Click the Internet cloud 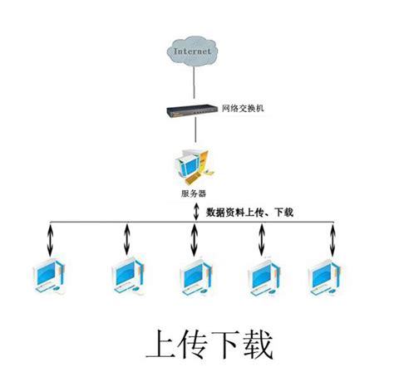pos(193,51)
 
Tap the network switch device pos(192,110)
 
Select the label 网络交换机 pos(243,108)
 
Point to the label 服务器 pos(194,193)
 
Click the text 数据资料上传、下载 pos(249,213)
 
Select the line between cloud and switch pos(194,82)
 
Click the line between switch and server pos(195,130)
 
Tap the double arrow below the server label pos(196,212)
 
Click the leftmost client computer pos(49,276)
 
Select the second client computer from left pos(128,276)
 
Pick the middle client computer pos(196,277)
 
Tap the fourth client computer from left pos(263,277)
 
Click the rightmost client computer pos(324,277)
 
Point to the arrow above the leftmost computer pos(50,240)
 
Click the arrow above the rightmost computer pos(332,240)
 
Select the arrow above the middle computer pos(195,240)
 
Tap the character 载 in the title pos(259,344)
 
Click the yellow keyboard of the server pos(193,179)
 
